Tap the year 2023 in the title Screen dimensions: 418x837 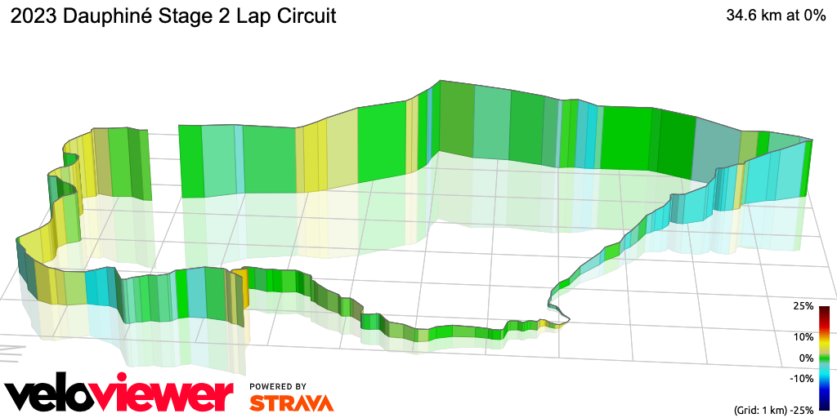click(32, 16)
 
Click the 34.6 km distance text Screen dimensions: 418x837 click(753, 16)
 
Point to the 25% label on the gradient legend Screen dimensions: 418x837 click(803, 306)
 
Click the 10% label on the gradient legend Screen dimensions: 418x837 click(803, 336)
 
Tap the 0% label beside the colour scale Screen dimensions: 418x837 click(806, 358)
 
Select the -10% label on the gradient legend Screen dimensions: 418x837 click(802, 378)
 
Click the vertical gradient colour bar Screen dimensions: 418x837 click(825, 358)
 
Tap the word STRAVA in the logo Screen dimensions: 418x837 click(291, 402)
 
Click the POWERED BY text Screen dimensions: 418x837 click(278, 386)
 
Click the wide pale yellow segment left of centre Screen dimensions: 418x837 click(342, 151)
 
